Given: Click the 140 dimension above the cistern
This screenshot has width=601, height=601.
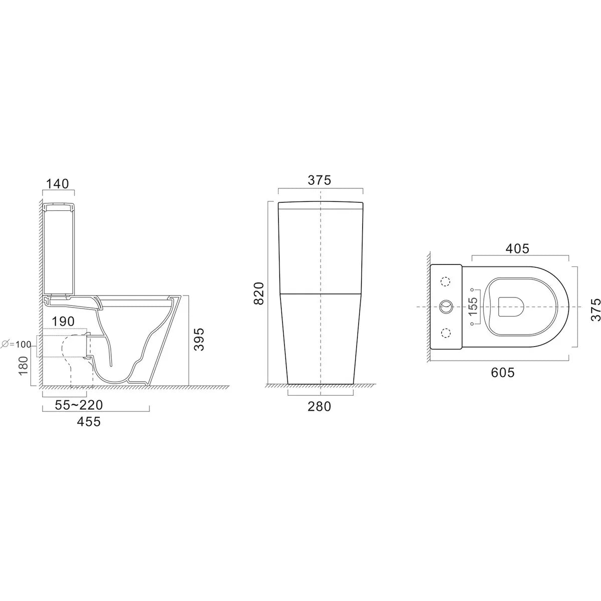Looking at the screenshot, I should [57, 184].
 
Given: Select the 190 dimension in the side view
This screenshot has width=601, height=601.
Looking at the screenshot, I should [63, 321].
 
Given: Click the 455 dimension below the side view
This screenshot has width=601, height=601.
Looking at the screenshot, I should [88, 421].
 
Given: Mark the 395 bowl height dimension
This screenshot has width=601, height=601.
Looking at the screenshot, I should [199, 340].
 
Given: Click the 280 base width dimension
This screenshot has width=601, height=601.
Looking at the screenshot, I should [320, 406].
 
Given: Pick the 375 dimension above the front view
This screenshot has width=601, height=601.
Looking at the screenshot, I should [320, 180].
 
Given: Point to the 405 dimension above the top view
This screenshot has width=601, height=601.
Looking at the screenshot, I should [517, 248].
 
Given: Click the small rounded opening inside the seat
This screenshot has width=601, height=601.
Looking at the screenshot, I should [511, 306].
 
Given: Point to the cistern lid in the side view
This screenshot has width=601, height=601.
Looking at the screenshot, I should [57, 206].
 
